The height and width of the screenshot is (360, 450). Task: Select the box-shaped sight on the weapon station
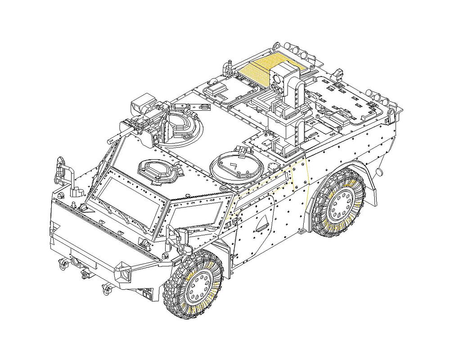pos(142,104)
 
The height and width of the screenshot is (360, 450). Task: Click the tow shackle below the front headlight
pos(108,288)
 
